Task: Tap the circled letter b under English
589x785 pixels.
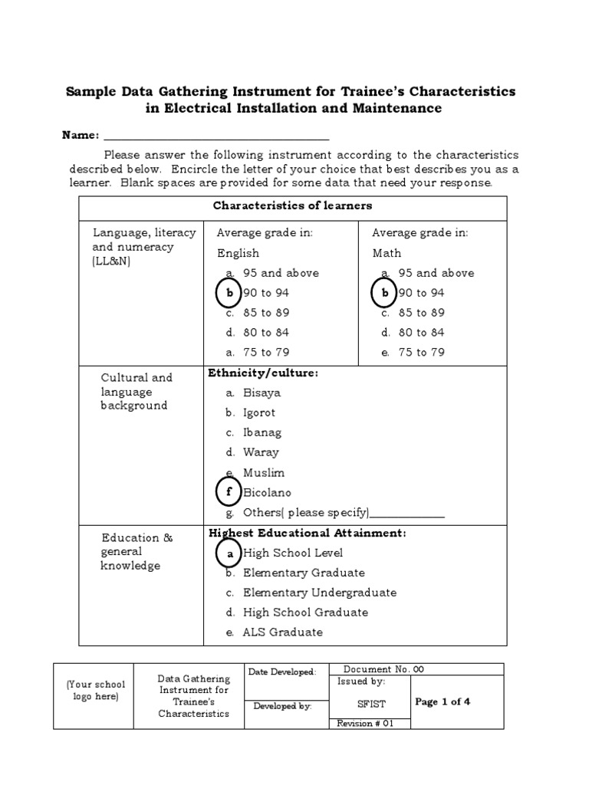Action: (229, 293)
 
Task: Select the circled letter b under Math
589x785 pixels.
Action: (385, 293)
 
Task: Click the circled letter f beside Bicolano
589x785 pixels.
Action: (229, 492)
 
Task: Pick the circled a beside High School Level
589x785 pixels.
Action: (229, 553)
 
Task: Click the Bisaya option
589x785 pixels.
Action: (262, 392)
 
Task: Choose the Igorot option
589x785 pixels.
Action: (259, 412)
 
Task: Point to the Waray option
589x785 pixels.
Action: (261, 452)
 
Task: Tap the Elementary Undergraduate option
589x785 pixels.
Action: (319, 593)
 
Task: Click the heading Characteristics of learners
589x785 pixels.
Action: (292, 205)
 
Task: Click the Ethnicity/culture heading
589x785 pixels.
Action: (262, 373)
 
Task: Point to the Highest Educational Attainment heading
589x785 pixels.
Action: (307, 533)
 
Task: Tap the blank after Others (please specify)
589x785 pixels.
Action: (407, 514)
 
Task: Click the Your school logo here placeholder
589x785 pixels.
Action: (96, 691)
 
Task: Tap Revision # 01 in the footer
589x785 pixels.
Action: (365, 724)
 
